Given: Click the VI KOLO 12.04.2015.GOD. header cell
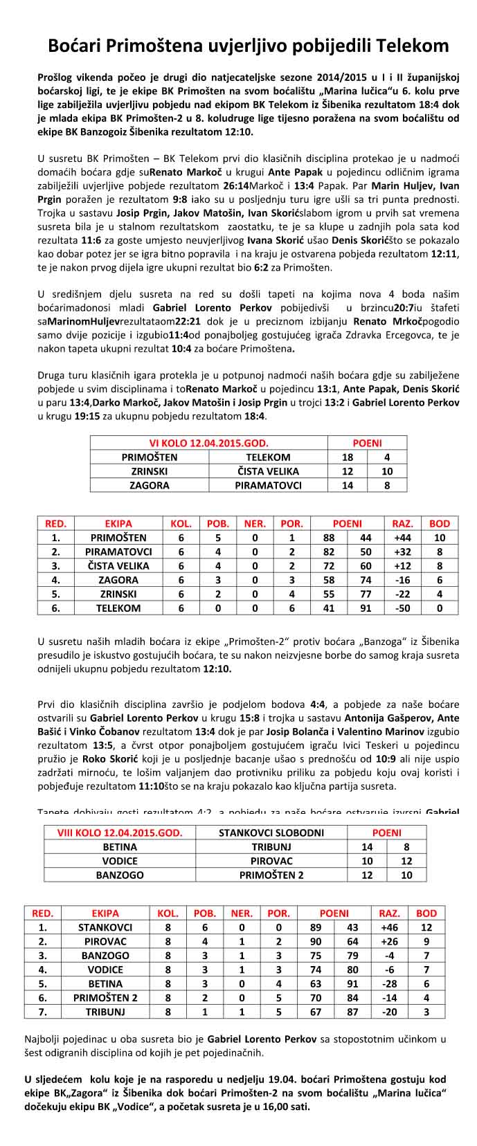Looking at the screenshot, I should (x=208, y=443).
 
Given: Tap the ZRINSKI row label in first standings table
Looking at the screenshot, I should (x=118, y=594).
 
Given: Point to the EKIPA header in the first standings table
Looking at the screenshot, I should (x=118, y=524).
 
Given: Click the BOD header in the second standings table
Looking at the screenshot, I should (x=426, y=913).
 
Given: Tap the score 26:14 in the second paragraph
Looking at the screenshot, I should (x=242, y=185).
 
